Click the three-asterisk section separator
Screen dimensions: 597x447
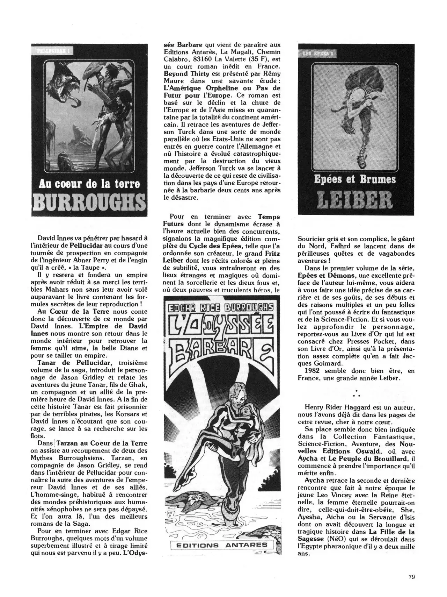(x=356, y=393)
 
